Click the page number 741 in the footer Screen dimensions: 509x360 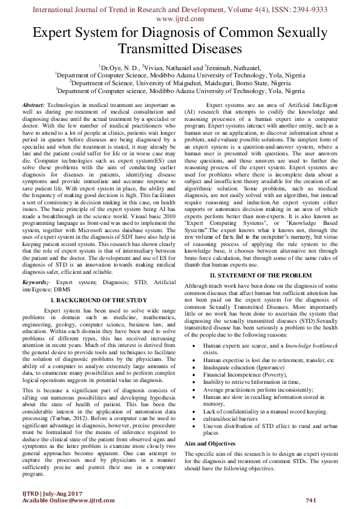pos(312,499)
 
